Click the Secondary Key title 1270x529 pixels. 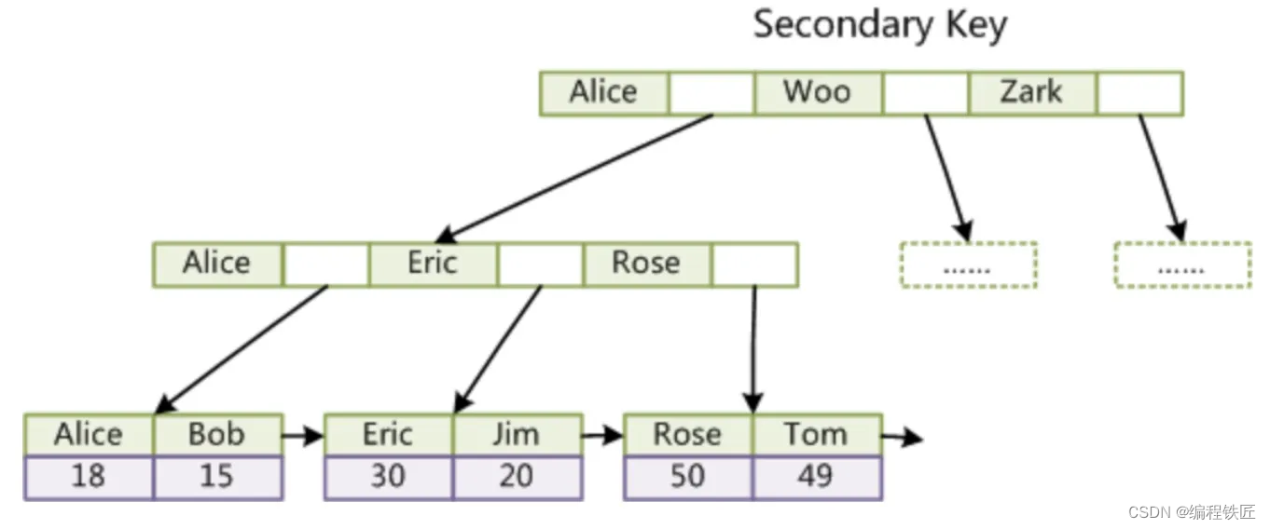(x=879, y=25)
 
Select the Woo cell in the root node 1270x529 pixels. (x=817, y=92)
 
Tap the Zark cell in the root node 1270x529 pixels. (x=1031, y=92)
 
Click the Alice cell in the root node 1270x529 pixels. (x=603, y=92)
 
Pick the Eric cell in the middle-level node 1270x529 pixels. (x=433, y=264)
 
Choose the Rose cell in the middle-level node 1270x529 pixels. (x=646, y=264)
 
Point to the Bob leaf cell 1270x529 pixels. (x=216, y=435)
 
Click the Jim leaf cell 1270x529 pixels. (x=517, y=435)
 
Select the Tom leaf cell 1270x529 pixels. (x=816, y=435)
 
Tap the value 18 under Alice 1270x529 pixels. (x=88, y=477)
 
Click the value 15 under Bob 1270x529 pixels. (x=216, y=477)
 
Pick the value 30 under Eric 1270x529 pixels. (x=388, y=477)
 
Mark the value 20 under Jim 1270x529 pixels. (x=517, y=477)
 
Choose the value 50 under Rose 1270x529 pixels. (x=687, y=477)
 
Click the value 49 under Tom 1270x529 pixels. (x=816, y=477)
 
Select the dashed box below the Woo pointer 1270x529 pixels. (x=968, y=264)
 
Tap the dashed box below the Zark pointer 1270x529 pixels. (x=1182, y=264)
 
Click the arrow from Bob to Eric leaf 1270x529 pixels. (x=303, y=434)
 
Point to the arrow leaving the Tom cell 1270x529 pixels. (x=902, y=437)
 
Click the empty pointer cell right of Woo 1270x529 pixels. (x=925, y=92)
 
